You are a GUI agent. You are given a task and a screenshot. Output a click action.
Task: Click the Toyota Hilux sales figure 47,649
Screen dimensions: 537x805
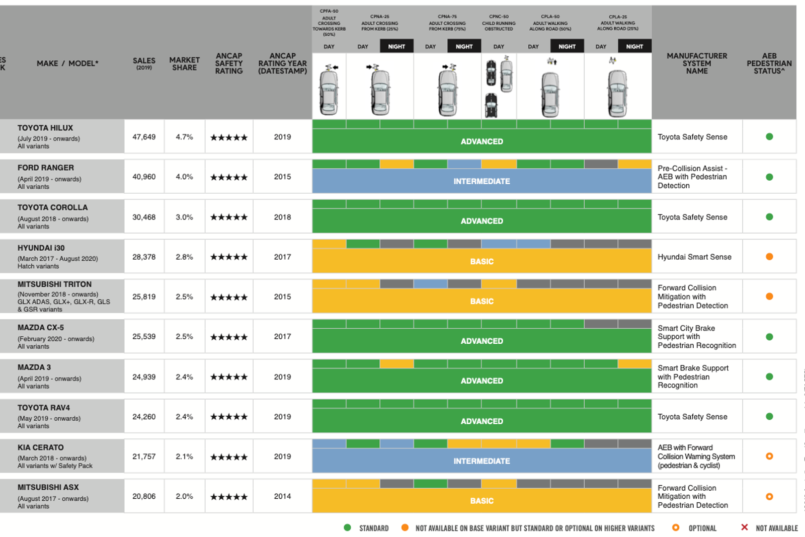[x=144, y=137]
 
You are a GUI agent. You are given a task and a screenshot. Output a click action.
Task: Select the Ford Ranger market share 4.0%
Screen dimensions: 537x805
[x=184, y=177]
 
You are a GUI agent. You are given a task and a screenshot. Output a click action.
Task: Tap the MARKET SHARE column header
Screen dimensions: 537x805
[x=184, y=64]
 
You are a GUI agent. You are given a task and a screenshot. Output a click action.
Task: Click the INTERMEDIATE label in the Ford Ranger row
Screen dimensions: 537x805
[x=481, y=181]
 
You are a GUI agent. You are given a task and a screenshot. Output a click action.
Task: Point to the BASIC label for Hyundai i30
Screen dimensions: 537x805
[x=481, y=262]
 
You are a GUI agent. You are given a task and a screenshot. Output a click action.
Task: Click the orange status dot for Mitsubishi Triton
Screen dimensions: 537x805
[x=769, y=296]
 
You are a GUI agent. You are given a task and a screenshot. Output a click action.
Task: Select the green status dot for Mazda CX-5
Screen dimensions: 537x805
[x=769, y=337]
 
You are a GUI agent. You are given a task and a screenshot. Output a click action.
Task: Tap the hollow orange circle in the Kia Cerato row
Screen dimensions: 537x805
[x=769, y=456]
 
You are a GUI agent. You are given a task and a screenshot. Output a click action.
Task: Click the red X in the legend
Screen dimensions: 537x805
[x=744, y=527]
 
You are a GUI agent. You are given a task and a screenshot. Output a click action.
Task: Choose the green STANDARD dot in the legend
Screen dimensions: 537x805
[x=347, y=527]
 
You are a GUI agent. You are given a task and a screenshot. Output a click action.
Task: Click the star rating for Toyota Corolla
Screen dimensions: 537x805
[x=229, y=217]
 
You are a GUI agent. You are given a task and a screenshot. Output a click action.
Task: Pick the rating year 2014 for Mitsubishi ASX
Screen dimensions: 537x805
[x=282, y=496]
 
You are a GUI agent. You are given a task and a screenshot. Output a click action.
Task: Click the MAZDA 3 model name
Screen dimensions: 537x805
[x=34, y=367]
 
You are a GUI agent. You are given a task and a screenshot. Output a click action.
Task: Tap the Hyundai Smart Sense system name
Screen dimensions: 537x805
[x=694, y=257]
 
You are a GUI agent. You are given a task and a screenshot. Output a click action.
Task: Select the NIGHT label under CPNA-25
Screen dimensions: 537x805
[x=396, y=46]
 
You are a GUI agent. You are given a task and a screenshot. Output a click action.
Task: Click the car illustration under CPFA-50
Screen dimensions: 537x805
[x=329, y=91]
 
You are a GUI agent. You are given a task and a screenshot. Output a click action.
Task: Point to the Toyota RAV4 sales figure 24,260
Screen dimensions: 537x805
[x=144, y=417]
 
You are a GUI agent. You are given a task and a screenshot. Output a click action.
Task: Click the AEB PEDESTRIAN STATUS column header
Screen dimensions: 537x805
[x=769, y=63]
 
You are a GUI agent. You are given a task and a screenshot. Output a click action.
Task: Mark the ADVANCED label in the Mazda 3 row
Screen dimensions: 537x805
[x=481, y=381]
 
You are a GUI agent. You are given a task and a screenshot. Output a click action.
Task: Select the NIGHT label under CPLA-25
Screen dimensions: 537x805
[x=634, y=46]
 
